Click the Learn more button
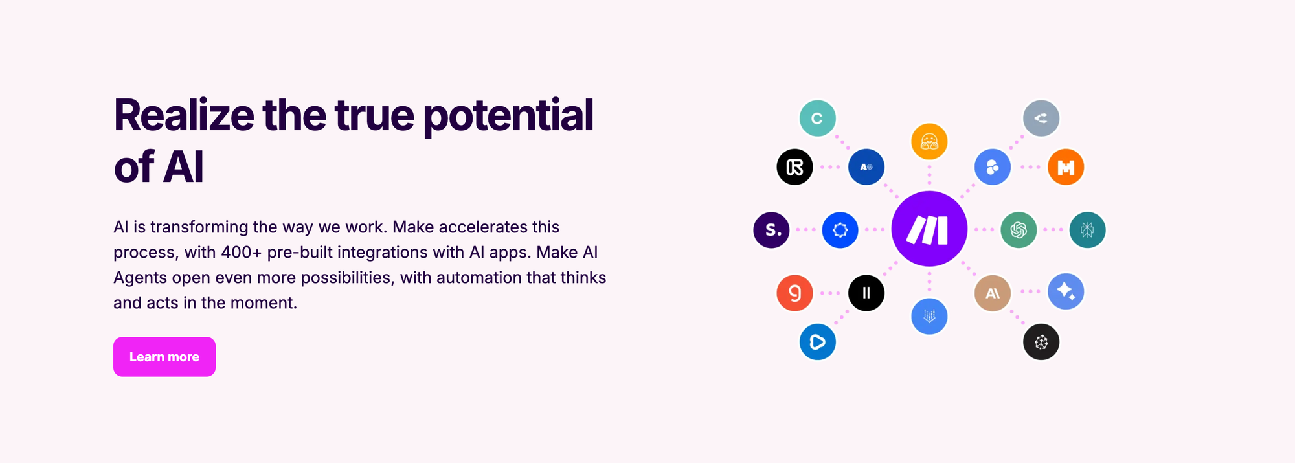164,357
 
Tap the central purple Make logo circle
929,229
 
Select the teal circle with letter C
817,119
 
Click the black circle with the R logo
794,167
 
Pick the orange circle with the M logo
1066,167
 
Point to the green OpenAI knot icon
1019,229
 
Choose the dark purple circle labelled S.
771,230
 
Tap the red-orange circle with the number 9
794,293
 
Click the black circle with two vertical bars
866,293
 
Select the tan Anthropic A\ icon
993,293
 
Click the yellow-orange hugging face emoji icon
929,141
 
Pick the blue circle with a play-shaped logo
817,342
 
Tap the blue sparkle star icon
1066,291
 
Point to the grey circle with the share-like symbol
1041,119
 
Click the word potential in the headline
508,116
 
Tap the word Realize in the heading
184,115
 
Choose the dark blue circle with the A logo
866,167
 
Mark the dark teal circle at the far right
1087,229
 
